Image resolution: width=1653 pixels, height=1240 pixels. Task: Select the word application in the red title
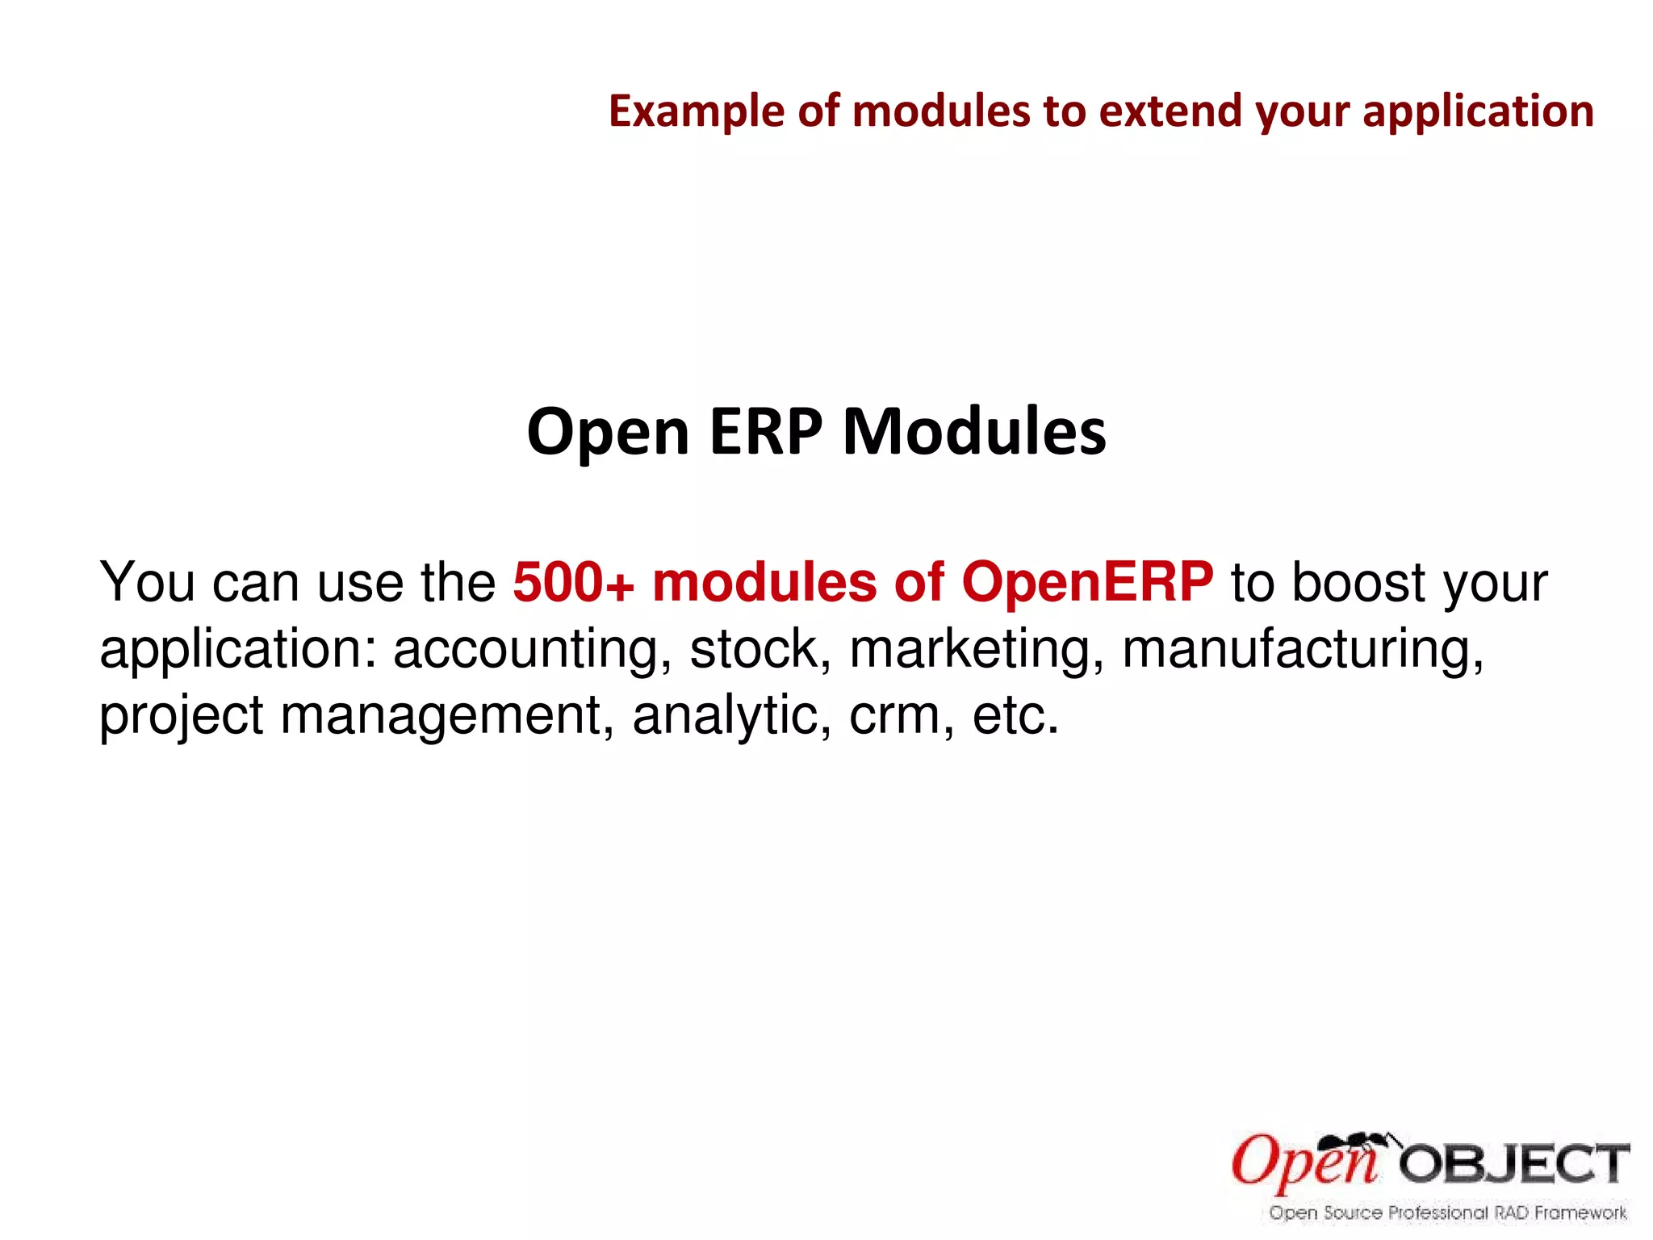coord(1478,111)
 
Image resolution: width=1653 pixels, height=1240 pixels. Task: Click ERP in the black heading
coord(766,432)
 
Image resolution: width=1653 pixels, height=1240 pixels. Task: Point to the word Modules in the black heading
coord(974,432)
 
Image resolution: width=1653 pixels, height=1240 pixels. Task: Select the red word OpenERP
coord(1087,582)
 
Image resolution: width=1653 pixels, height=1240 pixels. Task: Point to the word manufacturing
coord(1302,649)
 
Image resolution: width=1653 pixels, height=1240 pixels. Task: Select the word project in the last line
coord(181,716)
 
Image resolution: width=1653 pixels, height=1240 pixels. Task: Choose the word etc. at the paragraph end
coord(1015,716)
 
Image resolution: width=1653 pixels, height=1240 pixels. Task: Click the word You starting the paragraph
coord(146,582)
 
